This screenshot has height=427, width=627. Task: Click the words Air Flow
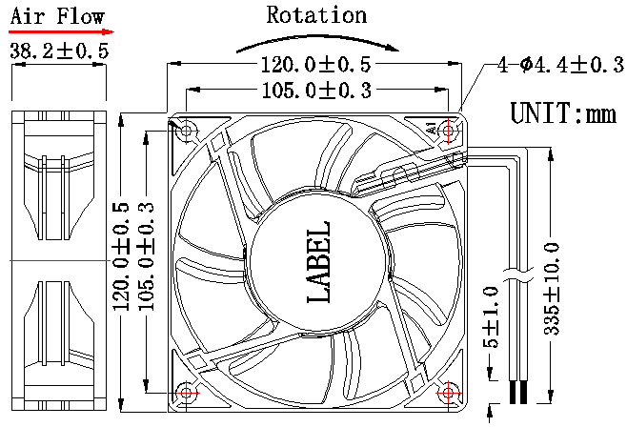click(x=56, y=14)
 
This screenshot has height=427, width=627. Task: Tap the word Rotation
click(x=316, y=14)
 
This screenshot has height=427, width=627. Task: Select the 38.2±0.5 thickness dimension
click(x=58, y=51)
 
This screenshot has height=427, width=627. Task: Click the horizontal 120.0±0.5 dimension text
click(x=315, y=65)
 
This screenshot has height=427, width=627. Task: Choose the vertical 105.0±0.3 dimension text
click(x=146, y=258)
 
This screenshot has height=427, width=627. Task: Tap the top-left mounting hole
click(x=186, y=130)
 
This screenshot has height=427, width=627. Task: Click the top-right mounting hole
click(x=448, y=130)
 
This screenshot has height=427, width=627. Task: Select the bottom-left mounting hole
click(x=186, y=392)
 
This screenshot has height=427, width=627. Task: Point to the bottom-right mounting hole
click(x=448, y=392)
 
